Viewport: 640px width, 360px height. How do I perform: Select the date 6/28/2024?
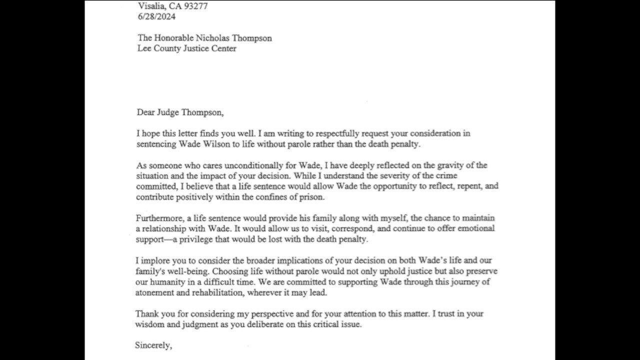click(157, 17)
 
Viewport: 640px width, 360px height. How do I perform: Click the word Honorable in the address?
click(173, 38)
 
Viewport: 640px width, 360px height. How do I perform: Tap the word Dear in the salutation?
click(145, 112)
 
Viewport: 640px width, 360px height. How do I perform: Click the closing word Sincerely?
click(153, 345)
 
